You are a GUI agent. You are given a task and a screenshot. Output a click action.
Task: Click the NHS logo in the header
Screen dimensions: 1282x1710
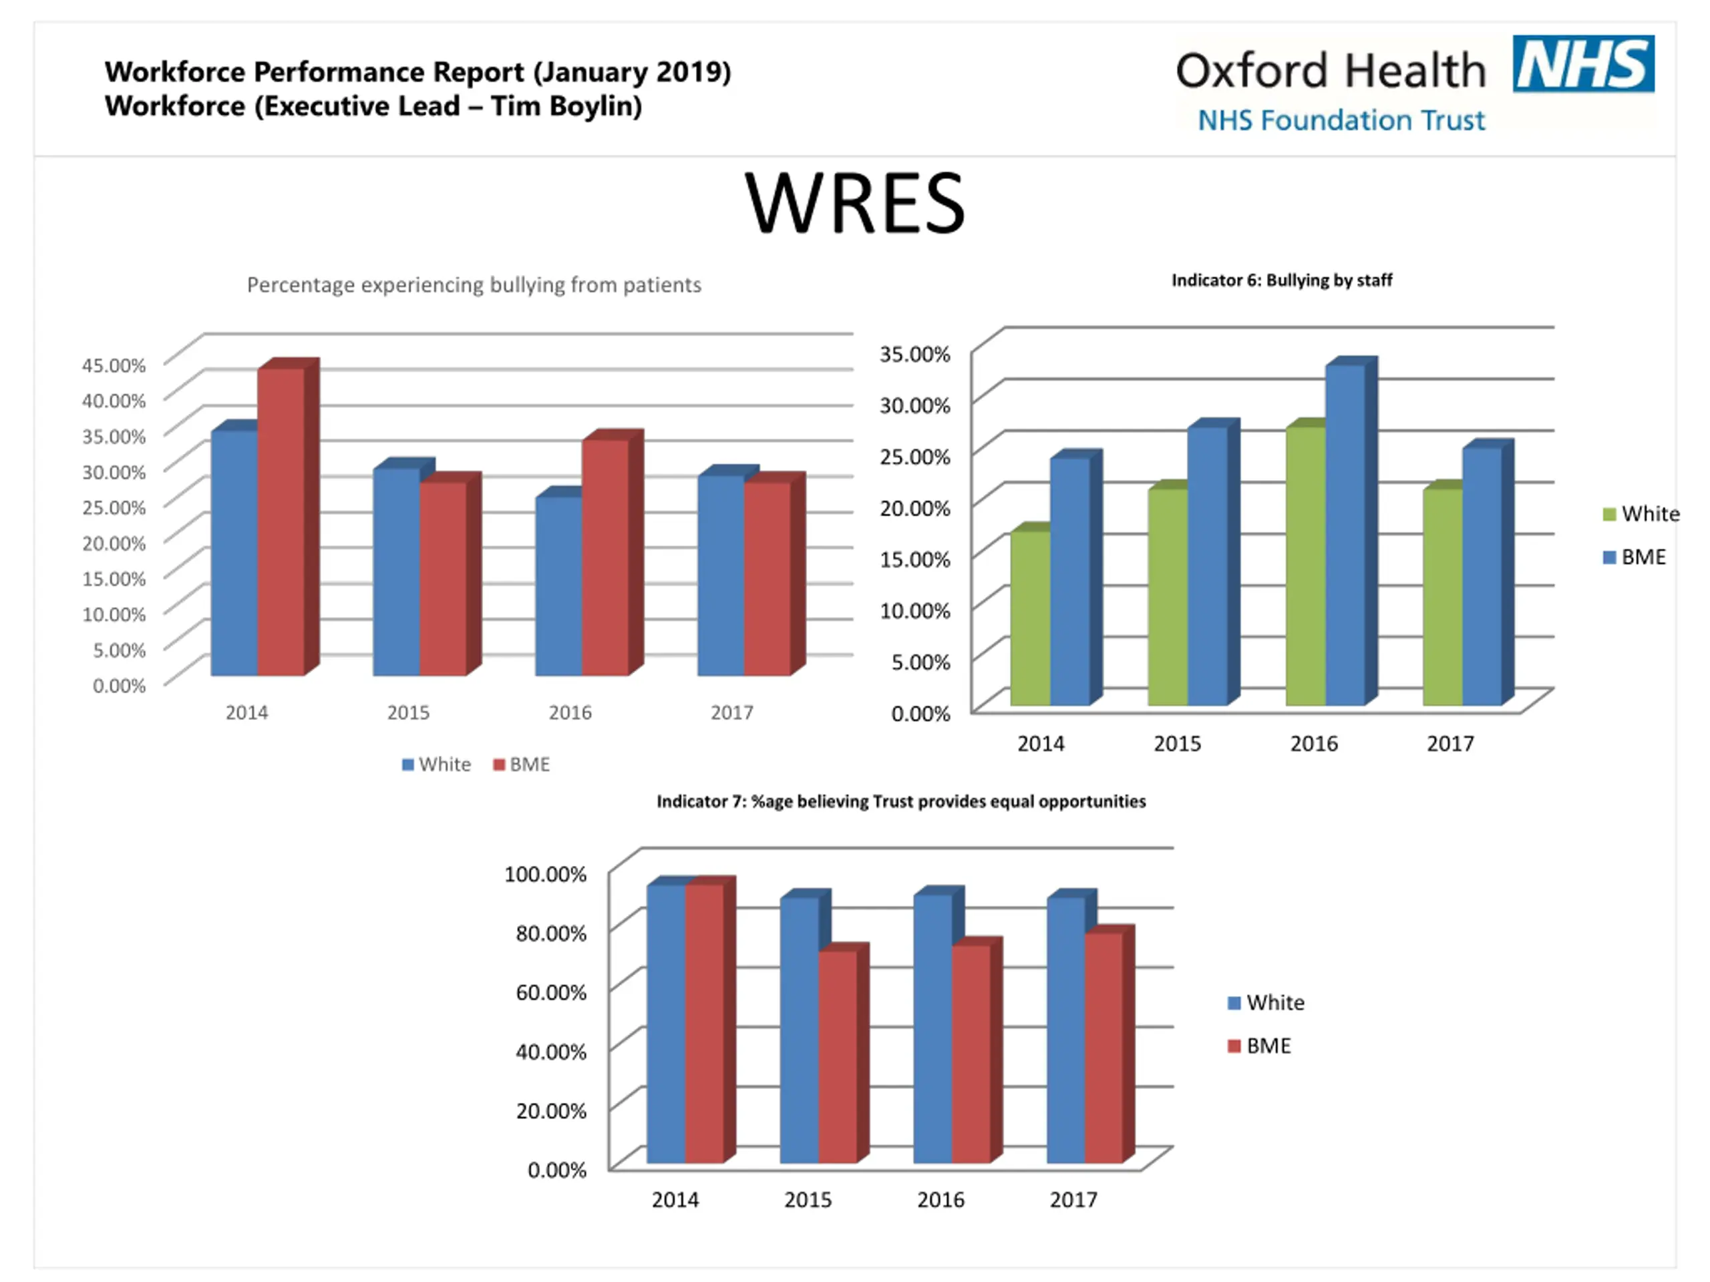(x=1582, y=64)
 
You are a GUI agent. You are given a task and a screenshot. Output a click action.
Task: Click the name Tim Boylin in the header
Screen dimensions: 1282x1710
(x=565, y=107)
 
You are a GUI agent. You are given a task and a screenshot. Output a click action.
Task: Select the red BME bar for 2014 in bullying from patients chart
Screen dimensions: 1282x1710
(x=281, y=521)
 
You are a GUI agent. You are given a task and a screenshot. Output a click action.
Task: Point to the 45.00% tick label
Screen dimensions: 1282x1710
(x=114, y=365)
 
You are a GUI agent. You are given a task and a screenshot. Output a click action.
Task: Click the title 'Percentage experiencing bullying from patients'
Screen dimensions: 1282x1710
(x=474, y=285)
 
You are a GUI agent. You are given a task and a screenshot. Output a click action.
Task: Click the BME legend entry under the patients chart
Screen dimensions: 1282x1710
(x=522, y=765)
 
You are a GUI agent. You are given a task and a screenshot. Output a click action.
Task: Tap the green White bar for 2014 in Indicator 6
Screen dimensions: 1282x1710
(x=1031, y=618)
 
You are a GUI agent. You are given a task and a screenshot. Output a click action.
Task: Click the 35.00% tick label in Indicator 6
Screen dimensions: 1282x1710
(x=914, y=354)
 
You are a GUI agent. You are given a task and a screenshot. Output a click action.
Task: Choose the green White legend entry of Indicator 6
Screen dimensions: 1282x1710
(x=1641, y=514)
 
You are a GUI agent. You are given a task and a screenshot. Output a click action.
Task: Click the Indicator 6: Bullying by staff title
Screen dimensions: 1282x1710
(x=1282, y=280)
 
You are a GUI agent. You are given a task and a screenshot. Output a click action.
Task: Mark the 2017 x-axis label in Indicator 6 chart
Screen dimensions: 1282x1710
(x=1450, y=743)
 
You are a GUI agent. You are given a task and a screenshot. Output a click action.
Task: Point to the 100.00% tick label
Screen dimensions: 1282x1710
(x=545, y=874)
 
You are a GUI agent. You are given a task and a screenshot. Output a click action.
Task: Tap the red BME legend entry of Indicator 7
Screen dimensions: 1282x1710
(x=1259, y=1046)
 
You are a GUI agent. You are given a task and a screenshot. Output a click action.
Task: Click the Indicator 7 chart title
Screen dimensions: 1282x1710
(x=900, y=801)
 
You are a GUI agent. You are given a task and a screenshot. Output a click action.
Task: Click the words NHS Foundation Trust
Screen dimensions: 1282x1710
(x=1341, y=121)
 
